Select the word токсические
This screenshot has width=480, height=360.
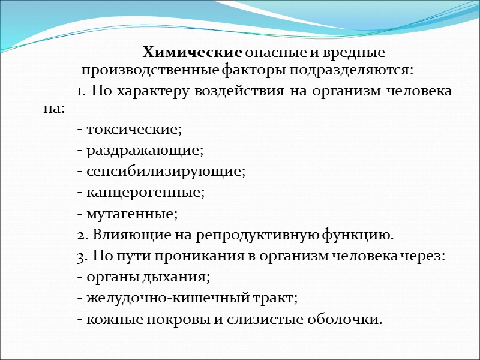134,129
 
